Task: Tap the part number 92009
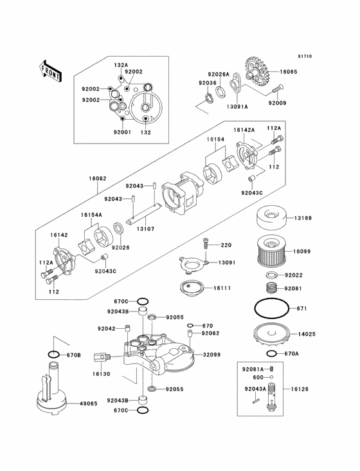click(x=277, y=103)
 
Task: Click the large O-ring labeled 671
click(x=271, y=309)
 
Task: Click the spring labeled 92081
click(x=273, y=289)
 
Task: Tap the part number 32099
click(x=213, y=355)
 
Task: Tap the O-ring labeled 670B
click(x=55, y=355)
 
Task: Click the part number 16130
click(x=101, y=373)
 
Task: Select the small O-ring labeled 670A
click(x=273, y=354)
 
